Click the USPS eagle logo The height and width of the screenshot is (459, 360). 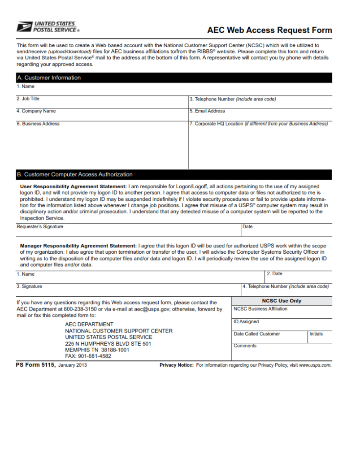tap(24, 27)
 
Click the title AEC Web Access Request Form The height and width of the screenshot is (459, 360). tap(269, 30)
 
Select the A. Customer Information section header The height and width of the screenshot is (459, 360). tap(49, 78)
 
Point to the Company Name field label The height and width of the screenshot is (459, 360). tap(36, 111)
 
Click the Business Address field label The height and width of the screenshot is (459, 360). tap(38, 124)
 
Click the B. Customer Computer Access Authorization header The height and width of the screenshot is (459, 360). tap(75, 174)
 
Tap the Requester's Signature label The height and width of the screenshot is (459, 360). tap(40, 226)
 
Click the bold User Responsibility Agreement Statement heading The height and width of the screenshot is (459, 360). tap(74, 186)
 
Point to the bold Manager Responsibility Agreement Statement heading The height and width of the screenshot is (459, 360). tap(78, 246)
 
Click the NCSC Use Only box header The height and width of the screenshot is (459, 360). tap(282, 301)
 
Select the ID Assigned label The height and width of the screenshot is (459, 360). tap(246, 321)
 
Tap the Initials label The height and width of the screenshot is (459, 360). tap(316, 333)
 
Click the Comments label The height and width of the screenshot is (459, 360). tap(245, 346)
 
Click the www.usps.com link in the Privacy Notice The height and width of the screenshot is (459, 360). tap(315, 365)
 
